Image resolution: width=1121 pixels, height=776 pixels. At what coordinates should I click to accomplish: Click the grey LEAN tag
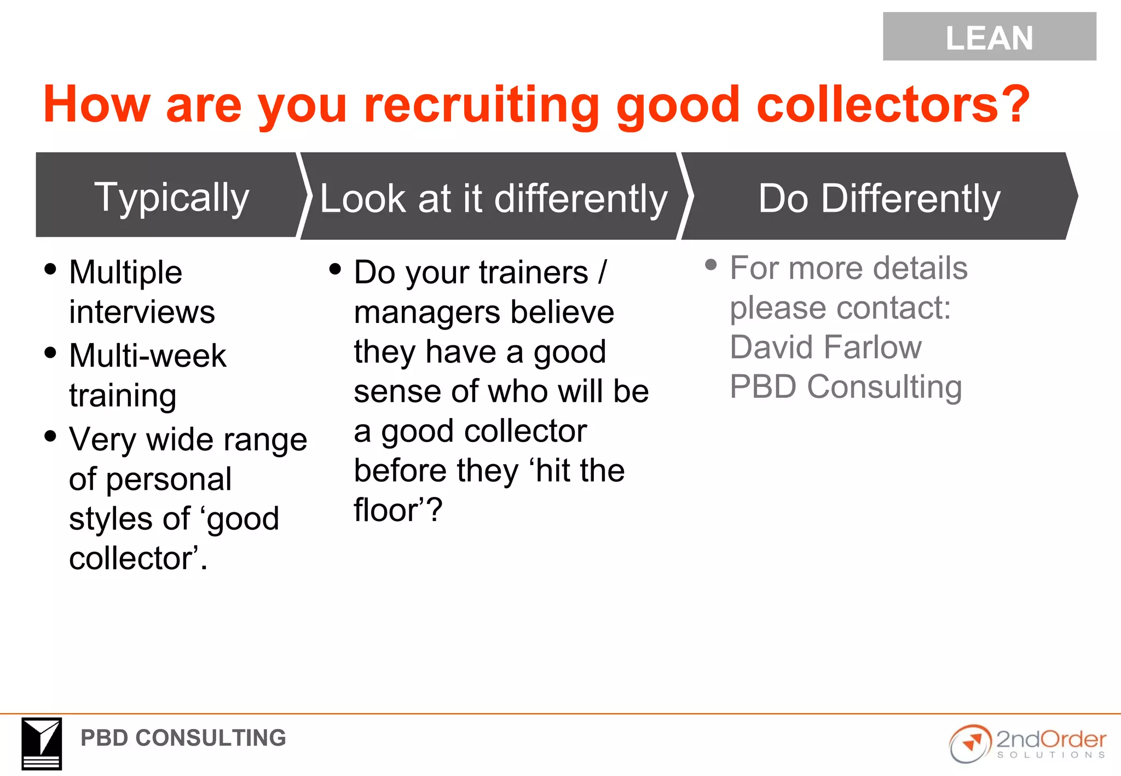(989, 37)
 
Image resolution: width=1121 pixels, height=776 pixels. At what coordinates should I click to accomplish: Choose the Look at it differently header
(493, 198)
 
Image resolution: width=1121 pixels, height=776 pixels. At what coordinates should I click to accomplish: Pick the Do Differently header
(879, 198)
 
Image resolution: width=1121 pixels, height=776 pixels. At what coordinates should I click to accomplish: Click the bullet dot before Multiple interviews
(50, 269)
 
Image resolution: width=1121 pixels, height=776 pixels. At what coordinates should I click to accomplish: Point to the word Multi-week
(147, 356)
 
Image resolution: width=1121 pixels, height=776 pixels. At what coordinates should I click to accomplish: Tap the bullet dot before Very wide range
(50, 436)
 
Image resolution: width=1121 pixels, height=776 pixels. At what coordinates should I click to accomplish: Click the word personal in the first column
(169, 479)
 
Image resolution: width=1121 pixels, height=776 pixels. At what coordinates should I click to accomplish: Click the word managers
(427, 312)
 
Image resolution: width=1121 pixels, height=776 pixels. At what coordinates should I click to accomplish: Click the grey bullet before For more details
(711, 265)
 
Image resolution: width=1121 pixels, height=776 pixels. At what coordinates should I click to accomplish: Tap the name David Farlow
(825, 347)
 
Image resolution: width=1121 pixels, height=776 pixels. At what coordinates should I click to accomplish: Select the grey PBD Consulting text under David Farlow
(846, 387)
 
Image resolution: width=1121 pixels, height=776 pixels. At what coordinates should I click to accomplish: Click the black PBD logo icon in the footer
(42, 743)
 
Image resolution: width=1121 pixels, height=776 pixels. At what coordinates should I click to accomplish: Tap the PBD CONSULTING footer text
(183, 738)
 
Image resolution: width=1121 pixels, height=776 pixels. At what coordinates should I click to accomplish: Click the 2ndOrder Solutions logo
(1027, 743)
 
